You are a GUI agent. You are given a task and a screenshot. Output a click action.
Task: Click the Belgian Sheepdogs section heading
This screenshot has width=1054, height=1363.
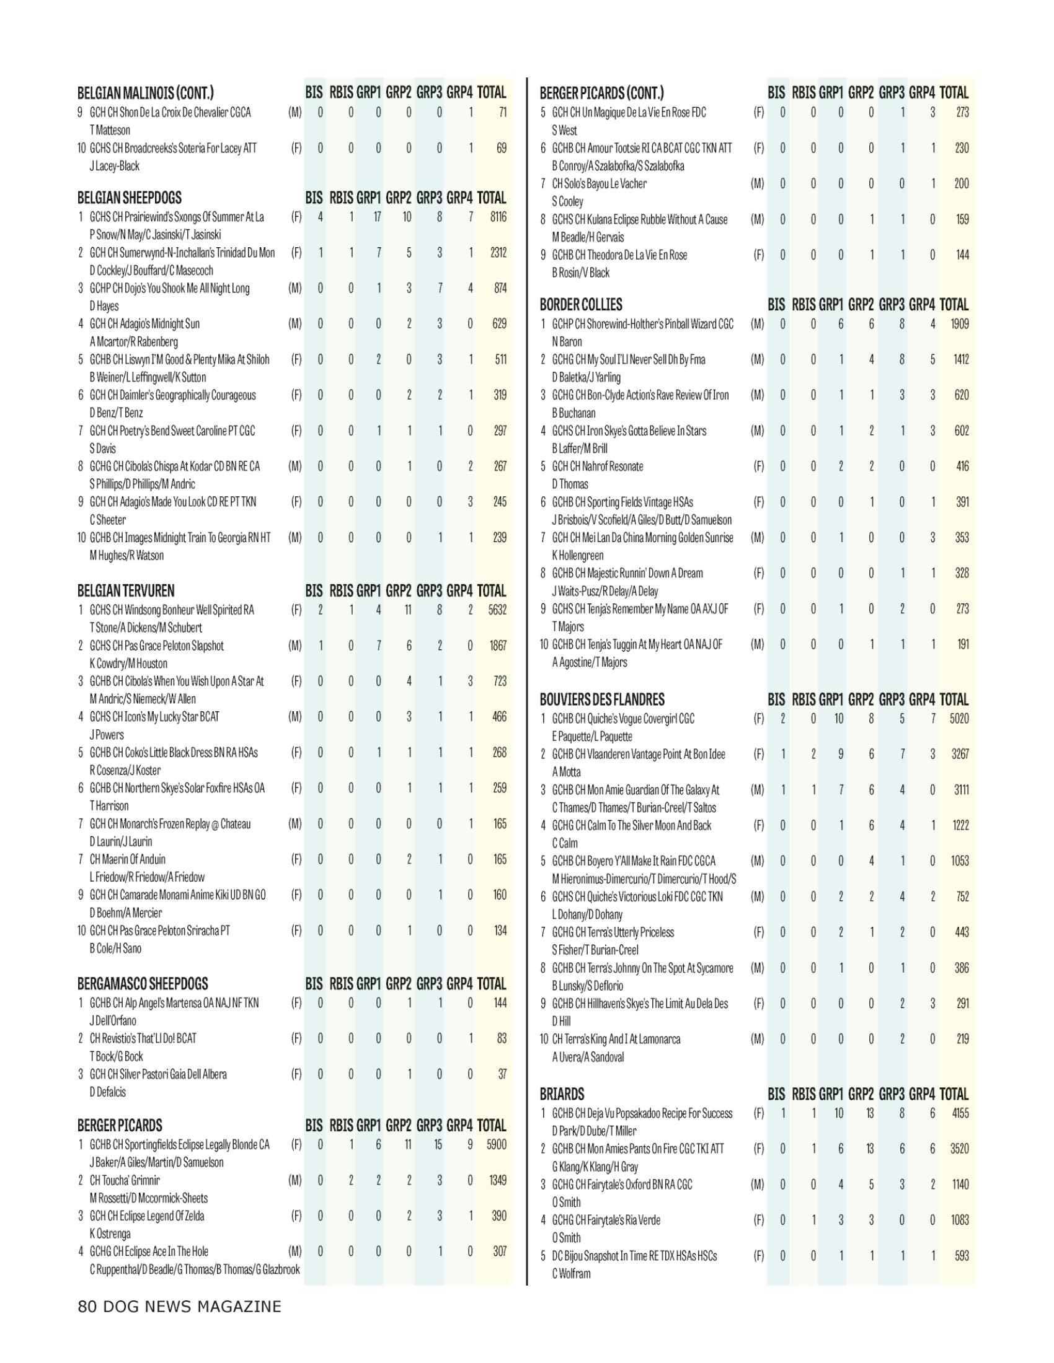pyautogui.click(x=129, y=198)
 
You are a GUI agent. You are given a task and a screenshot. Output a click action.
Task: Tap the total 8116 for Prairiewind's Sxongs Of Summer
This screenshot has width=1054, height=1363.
pyautogui.click(x=498, y=217)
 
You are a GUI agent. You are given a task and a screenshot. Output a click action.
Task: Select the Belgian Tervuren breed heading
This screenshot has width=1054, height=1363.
pyautogui.click(x=125, y=591)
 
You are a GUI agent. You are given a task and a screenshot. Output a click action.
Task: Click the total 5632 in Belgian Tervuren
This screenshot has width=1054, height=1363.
pyautogui.click(x=497, y=610)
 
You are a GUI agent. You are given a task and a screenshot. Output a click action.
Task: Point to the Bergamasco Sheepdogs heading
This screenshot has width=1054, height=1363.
pyautogui.click(x=143, y=984)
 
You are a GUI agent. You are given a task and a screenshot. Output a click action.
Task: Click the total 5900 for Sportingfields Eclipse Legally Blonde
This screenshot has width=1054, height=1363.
pyautogui.click(x=497, y=1144)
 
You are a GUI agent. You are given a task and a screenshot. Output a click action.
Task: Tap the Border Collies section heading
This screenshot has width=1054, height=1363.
pyautogui.click(x=581, y=305)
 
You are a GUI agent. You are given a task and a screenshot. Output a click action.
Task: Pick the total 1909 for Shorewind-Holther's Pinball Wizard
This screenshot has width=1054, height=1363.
pyautogui.click(x=960, y=324)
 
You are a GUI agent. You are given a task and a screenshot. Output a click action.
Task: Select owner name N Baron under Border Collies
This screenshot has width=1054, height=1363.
pyautogui.click(x=567, y=342)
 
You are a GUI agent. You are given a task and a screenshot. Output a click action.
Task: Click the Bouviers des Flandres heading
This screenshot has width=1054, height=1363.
pyautogui.click(x=602, y=699)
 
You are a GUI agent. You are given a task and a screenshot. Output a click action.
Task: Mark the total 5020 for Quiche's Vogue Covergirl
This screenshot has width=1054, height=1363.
pyautogui.click(x=959, y=718)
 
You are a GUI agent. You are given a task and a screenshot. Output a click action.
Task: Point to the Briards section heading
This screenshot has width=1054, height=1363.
pyautogui.click(x=562, y=1094)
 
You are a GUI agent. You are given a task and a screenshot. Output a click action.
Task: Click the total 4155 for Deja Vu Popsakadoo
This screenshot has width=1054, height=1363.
pyautogui.click(x=960, y=1113)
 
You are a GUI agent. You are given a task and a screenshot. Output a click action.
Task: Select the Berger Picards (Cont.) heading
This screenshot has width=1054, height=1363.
pyautogui.click(x=601, y=94)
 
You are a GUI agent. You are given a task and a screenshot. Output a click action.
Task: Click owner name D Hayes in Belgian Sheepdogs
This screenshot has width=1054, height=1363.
pyautogui.click(x=104, y=306)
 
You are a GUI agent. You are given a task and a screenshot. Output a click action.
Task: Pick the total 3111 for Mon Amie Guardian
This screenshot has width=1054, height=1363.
pyautogui.click(x=961, y=790)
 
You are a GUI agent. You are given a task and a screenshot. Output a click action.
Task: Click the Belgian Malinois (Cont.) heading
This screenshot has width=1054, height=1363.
pyautogui.click(x=145, y=94)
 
